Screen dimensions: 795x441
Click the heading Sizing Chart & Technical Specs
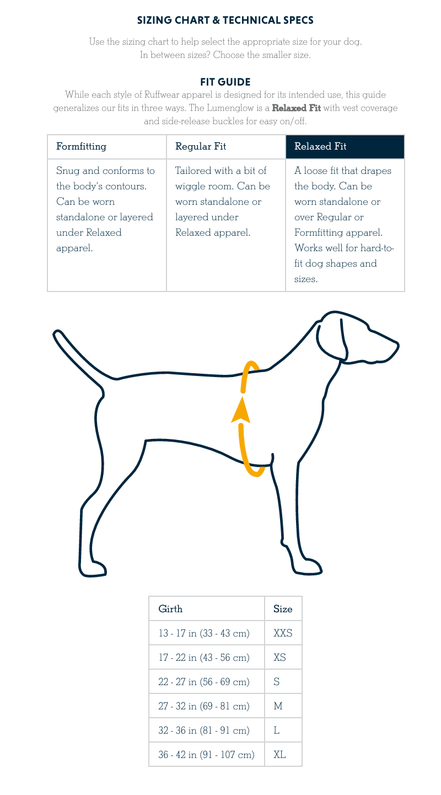[225, 20]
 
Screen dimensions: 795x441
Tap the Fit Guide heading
[225, 82]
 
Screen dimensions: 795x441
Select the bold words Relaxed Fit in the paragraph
[297, 108]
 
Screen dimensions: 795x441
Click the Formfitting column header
[82, 147]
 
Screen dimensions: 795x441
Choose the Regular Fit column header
[201, 147]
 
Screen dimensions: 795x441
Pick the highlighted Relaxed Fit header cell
[345, 147]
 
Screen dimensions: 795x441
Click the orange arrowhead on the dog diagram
[241, 411]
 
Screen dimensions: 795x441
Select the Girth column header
[170, 609]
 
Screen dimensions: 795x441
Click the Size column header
[283, 609]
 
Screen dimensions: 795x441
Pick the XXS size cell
[283, 633]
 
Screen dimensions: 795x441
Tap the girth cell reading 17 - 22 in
[204, 658]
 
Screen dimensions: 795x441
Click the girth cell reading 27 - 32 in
[204, 706]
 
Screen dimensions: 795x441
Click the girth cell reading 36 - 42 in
[206, 755]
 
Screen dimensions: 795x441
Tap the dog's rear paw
[92, 569]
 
